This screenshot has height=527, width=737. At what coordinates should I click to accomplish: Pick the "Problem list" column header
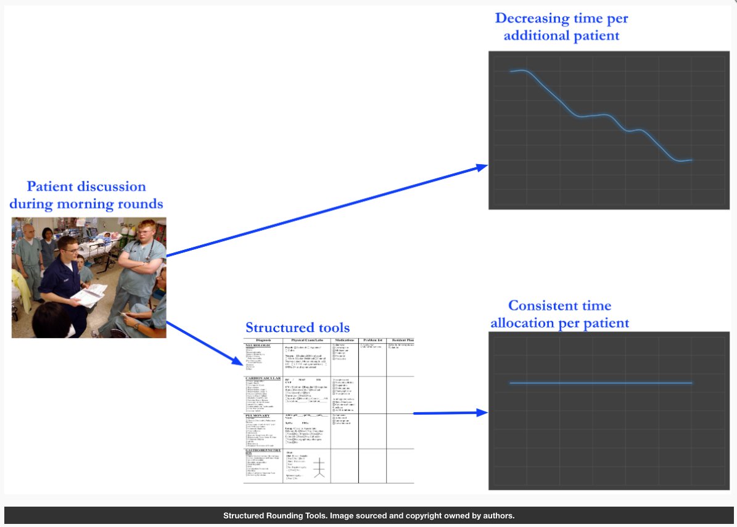point(373,341)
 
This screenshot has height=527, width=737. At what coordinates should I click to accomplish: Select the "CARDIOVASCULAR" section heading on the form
point(263,378)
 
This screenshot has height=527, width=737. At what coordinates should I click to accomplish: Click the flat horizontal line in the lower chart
point(601,383)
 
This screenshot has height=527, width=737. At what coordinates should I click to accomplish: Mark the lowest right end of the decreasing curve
point(691,160)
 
